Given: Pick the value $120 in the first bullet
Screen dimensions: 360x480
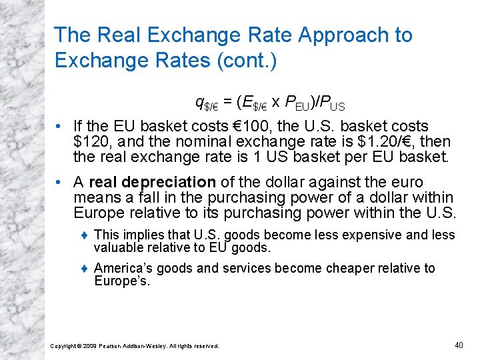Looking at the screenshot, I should (91, 141).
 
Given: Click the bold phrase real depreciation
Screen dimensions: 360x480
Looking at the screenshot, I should (152, 182).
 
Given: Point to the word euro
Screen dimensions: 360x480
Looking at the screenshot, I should (407, 182).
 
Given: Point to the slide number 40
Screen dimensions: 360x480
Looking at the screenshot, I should (458, 344).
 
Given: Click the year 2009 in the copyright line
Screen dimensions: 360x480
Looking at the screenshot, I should (89, 345).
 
